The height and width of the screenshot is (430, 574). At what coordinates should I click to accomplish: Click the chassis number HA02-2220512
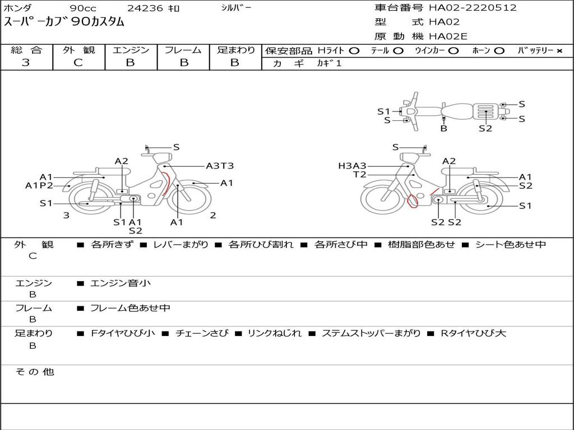click(473, 8)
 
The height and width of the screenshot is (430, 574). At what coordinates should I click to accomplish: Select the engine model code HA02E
click(448, 36)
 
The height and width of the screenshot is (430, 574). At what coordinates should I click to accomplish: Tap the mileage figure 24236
click(145, 8)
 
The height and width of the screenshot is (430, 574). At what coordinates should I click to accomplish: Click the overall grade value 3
click(26, 63)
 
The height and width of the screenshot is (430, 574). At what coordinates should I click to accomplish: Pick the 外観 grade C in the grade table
click(78, 63)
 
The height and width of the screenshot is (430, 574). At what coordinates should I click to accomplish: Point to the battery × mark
click(559, 51)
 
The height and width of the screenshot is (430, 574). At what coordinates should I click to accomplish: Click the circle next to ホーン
click(499, 51)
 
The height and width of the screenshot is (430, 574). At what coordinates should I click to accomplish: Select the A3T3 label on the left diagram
click(220, 166)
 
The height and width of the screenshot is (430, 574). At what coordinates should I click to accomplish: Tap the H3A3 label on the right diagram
click(352, 166)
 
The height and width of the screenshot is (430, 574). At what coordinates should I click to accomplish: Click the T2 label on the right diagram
click(359, 175)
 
